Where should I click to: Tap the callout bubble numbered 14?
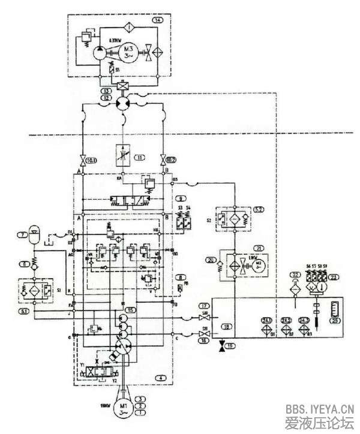point(158,20)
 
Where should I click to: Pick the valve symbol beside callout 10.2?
point(163,161)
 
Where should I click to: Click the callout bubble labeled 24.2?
point(286,320)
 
